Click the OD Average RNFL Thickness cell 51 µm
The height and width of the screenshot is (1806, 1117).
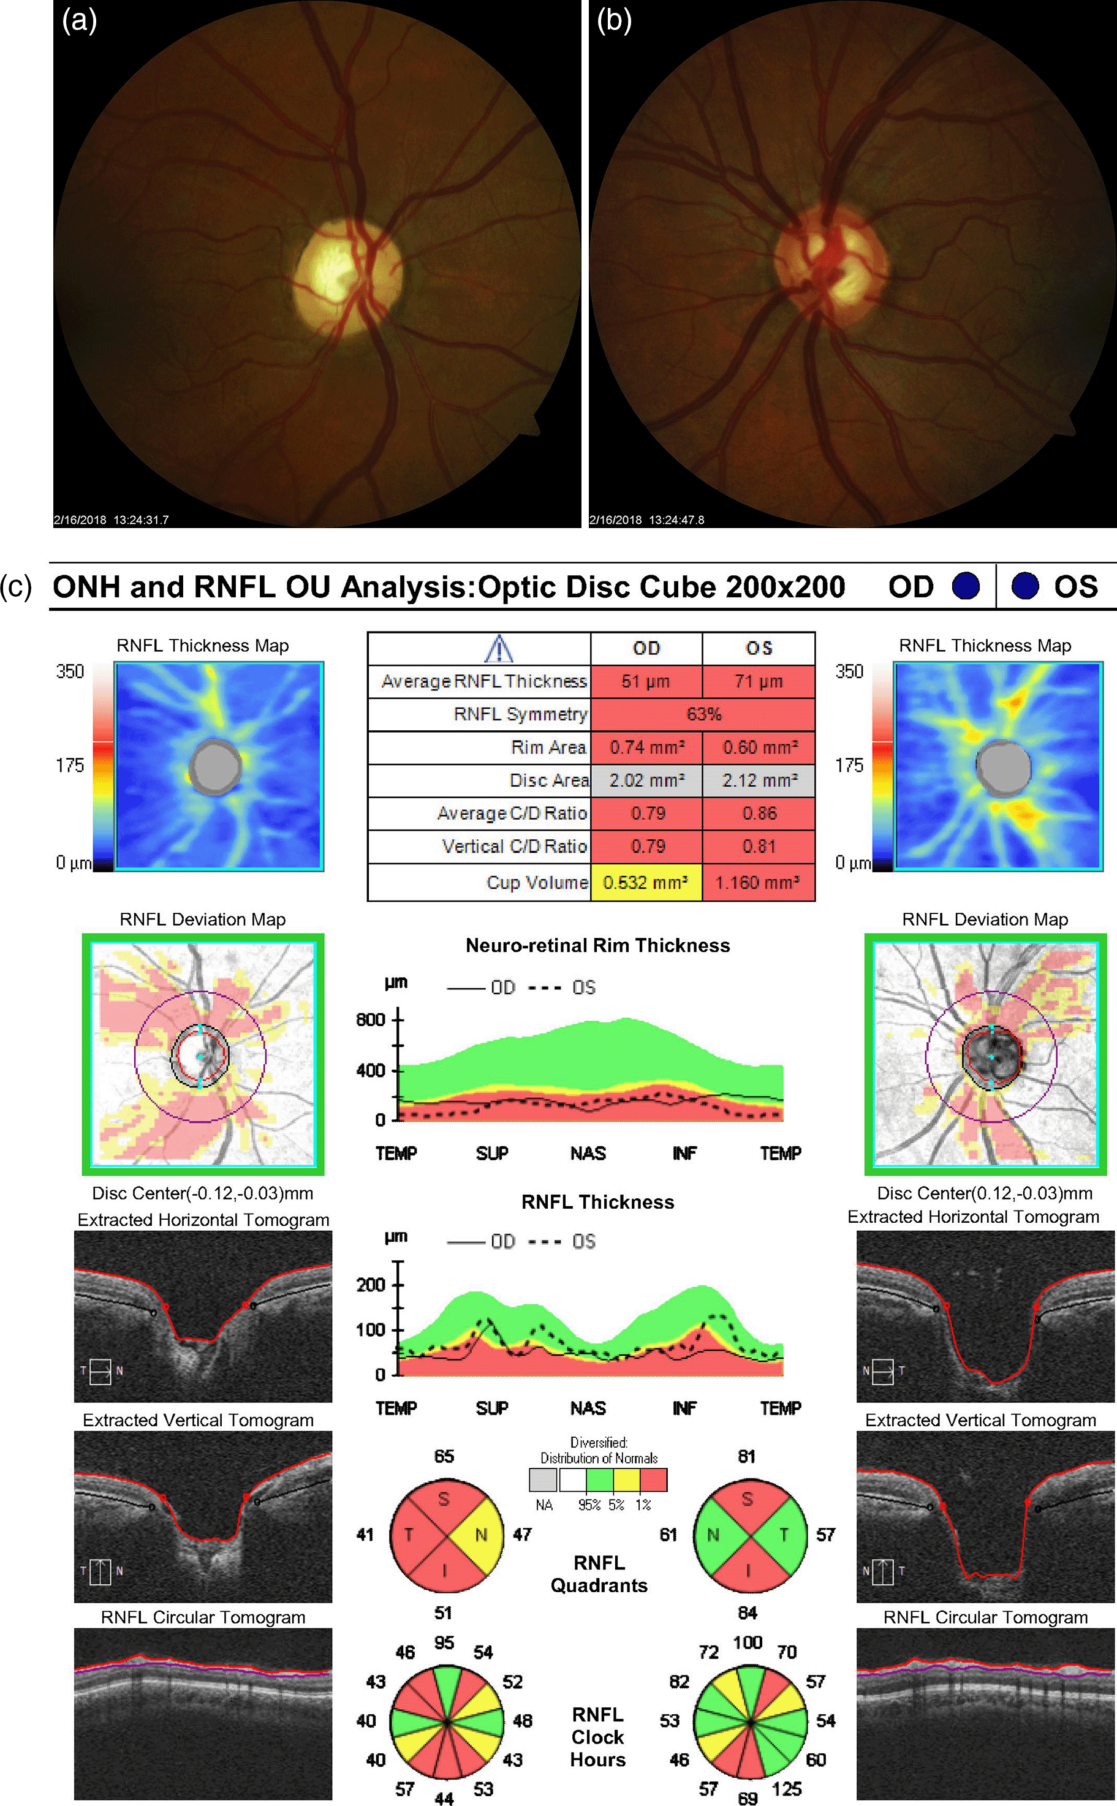(x=646, y=681)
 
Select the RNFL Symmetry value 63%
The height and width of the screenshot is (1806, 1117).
(x=703, y=714)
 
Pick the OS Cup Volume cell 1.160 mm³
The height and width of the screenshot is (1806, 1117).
(x=758, y=882)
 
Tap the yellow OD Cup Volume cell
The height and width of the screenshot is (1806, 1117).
(x=646, y=882)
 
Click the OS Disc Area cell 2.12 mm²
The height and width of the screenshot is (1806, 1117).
(x=759, y=780)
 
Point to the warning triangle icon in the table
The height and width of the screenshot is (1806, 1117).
(x=499, y=649)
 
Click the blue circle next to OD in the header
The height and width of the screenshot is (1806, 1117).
(x=966, y=586)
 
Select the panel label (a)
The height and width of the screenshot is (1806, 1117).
(x=79, y=21)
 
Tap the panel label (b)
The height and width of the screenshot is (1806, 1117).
(x=614, y=21)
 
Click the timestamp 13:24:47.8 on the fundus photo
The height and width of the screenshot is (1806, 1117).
(x=676, y=520)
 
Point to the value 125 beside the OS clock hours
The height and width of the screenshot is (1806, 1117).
(x=786, y=1789)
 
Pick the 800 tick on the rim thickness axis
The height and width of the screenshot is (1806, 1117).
(x=371, y=1020)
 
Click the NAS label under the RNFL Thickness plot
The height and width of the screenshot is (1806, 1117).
(x=588, y=1408)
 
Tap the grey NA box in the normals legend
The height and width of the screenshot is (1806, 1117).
(x=543, y=1479)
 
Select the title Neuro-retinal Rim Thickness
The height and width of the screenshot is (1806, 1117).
(x=597, y=945)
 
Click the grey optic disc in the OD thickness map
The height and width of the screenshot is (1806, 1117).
(x=216, y=766)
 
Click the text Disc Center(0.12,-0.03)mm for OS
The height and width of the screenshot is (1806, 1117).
(x=984, y=1193)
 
